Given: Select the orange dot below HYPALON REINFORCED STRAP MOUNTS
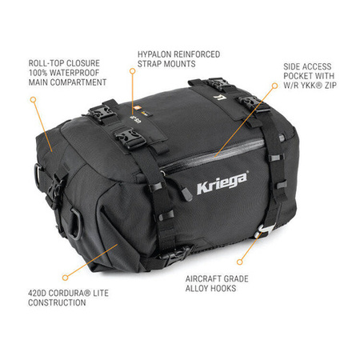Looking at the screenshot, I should [132, 70].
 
